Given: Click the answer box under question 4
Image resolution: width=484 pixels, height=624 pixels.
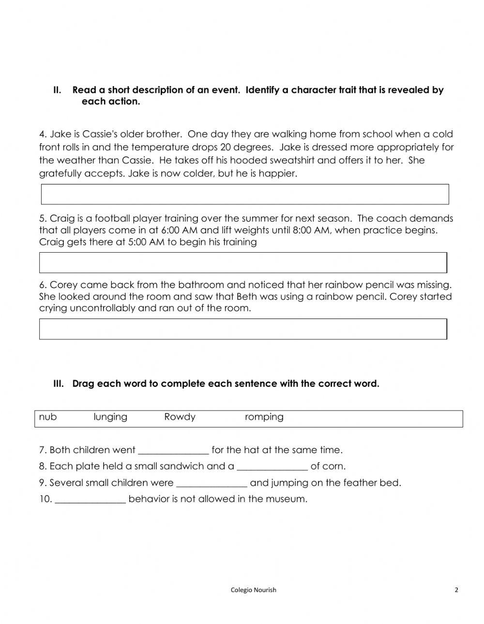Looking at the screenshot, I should [245, 194].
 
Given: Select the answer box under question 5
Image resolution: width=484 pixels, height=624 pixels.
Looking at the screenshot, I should [243, 262].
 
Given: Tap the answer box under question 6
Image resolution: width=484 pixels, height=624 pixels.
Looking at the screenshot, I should [243, 329].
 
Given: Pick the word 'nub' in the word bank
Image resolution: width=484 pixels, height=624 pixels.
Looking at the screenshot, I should [47, 417].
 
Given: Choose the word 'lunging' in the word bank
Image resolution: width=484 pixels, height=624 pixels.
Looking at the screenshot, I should [110, 417].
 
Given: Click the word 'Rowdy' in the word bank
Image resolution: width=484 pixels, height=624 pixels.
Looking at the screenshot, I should [180, 417].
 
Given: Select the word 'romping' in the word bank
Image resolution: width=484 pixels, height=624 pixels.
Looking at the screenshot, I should [264, 417].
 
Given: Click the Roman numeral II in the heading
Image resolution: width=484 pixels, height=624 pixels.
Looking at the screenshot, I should [57, 90].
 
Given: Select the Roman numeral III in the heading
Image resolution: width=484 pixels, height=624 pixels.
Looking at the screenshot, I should [58, 384].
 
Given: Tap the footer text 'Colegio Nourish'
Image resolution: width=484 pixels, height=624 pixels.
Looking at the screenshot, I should [253, 590].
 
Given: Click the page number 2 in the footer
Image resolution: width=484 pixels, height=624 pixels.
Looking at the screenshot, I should [456, 590].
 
